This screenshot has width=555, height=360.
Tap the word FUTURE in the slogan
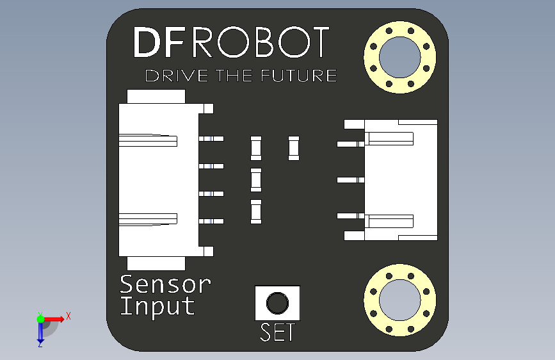(x=300, y=76)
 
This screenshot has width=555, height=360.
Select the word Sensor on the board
(x=165, y=283)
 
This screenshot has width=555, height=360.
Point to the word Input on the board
(x=157, y=306)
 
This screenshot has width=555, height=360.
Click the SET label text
(x=278, y=332)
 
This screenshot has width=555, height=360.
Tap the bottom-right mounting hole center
(x=399, y=300)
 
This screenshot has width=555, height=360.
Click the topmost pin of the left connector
(x=212, y=138)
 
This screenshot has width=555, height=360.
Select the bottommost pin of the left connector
(x=212, y=221)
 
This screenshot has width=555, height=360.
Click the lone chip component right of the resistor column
(x=294, y=147)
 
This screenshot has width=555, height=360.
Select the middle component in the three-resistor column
(x=256, y=179)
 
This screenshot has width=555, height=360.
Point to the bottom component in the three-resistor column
(x=256, y=211)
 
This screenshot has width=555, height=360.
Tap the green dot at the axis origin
(x=40, y=318)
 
